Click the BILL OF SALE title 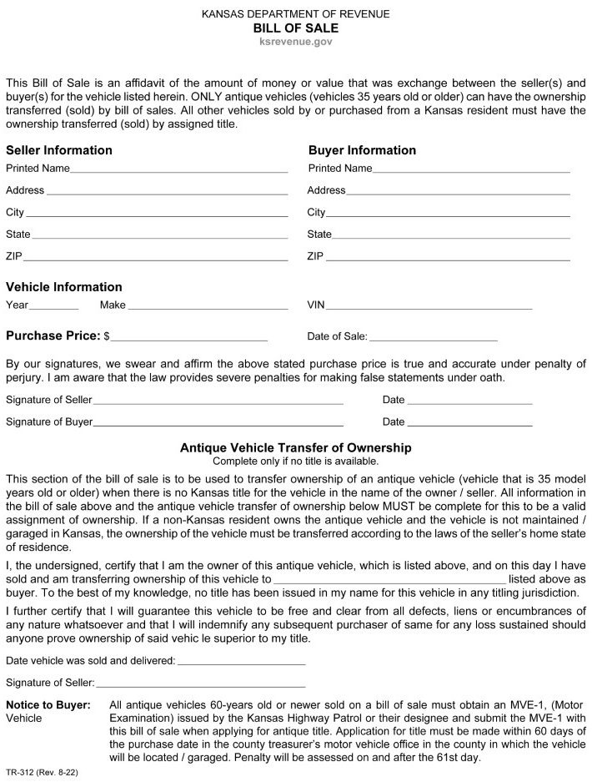pos(296,28)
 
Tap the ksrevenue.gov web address pos(296,41)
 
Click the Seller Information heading pos(59,150)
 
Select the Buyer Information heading pos(362,150)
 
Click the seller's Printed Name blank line pos(178,170)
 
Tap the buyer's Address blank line pos(458,193)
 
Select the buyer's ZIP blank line pos(447,258)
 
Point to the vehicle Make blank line pos(208,307)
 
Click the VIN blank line pos(430,307)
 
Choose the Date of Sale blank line pos(433,340)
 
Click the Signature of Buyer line pos(218,424)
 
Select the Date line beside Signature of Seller pos(470,402)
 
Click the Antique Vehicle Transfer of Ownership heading pos(296,448)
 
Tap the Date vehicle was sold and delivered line pos(241,663)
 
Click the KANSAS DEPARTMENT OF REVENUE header pos(296,14)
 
